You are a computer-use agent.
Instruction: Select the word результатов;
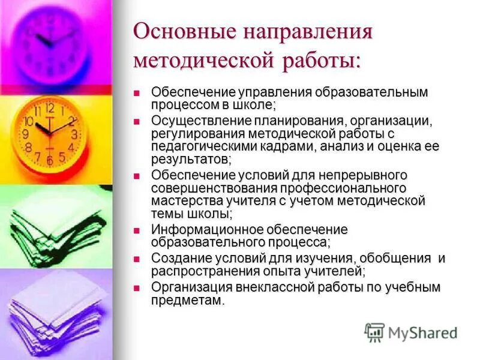pos(191,160)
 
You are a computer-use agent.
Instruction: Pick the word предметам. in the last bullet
pos(188,301)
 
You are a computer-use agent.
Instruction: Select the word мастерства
pos(182,201)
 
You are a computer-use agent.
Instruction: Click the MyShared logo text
pos(423,333)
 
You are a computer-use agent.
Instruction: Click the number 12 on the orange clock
pos(49,109)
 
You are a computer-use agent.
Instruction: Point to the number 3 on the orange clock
pos(74,134)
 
